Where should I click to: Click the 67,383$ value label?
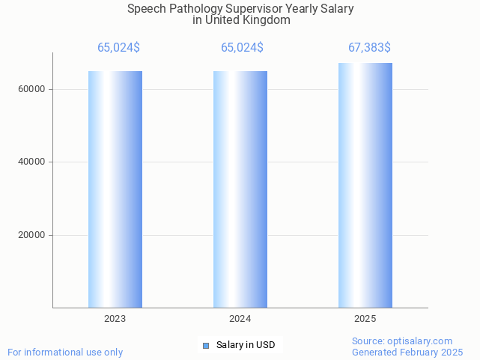click(369, 48)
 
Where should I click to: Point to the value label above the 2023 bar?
click(118, 48)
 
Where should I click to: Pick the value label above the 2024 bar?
click(242, 48)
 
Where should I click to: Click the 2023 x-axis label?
click(115, 319)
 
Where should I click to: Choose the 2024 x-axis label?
click(240, 319)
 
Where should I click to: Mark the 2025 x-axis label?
click(365, 319)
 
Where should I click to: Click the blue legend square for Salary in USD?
click(206, 345)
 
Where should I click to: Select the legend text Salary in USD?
click(246, 345)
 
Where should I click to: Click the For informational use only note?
click(65, 352)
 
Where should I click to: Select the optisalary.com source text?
click(422, 341)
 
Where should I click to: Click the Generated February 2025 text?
click(407, 352)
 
